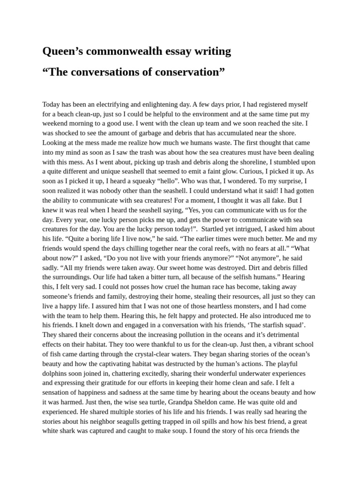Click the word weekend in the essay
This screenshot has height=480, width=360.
coord(56,123)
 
